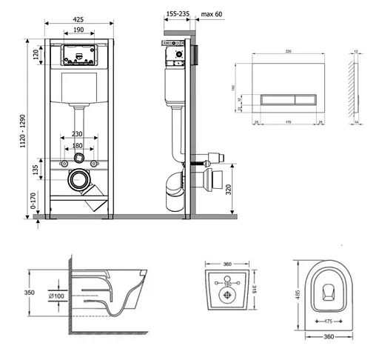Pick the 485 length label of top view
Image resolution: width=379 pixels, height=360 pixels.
[x=297, y=294]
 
